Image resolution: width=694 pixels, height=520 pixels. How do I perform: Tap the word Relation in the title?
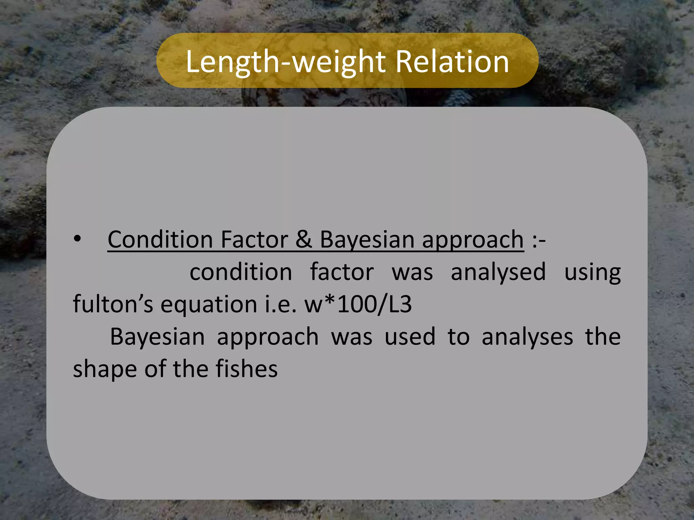pyautogui.click(x=452, y=62)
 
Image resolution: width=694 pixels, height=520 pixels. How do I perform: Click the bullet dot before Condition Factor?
pyautogui.click(x=78, y=239)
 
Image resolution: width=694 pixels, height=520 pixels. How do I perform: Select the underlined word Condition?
pyautogui.click(x=160, y=240)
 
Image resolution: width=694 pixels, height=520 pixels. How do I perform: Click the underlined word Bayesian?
pyautogui.click(x=367, y=240)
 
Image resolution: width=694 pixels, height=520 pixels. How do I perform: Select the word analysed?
pyautogui.click(x=498, y=272)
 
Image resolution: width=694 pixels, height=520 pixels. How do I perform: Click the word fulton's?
pyautogui.click(x=113, y=304)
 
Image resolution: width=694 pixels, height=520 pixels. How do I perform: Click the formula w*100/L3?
pyautogui.click(x=358, y=304)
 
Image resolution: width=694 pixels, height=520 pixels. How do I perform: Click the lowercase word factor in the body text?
pyautogui.click(x=342, y=272)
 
